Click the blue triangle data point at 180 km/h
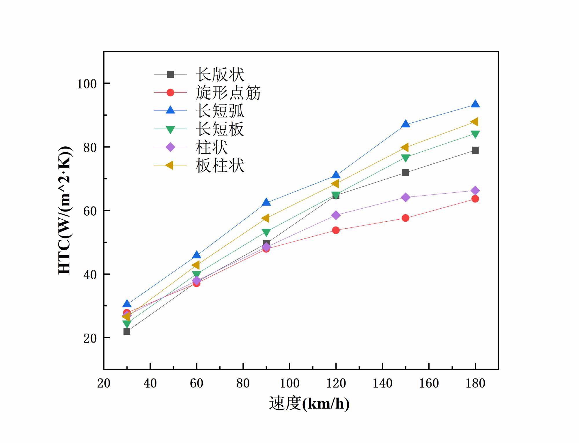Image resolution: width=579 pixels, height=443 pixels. pos(475,104)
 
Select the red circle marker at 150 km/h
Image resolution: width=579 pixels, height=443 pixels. pos(406,218)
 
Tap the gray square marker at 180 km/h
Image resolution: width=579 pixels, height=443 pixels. pos(475,150)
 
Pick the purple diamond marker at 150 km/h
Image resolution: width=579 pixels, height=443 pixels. pos(406,197)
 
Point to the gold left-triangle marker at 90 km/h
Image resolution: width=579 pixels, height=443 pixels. pos(266,218)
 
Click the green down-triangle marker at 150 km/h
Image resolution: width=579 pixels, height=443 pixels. pos(406,158)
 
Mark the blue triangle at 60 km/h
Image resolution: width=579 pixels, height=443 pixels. pos(196,255)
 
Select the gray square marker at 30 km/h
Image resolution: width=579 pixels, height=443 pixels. pos(127,331)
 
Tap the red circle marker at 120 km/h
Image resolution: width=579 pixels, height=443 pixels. pos(336,230)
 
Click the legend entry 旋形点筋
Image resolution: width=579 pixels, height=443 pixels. pos(228,93)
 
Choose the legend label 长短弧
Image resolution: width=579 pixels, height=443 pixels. pos(220,111)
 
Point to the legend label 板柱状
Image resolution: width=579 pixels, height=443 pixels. pos(220,166)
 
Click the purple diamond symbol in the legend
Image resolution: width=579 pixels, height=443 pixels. pos(170,147)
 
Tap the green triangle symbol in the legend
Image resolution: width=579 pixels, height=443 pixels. pos(170,130)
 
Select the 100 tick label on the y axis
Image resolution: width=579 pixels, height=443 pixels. pos(86,84)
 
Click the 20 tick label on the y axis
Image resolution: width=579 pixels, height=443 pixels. pos(90,338)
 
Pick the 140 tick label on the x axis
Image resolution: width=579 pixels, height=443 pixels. pos(382,383)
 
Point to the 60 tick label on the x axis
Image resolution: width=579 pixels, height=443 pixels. pos(196,383)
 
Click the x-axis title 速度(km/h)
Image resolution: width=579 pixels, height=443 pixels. pos(309,403)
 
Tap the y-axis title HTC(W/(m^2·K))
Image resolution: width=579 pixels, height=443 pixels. pos(65,210)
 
